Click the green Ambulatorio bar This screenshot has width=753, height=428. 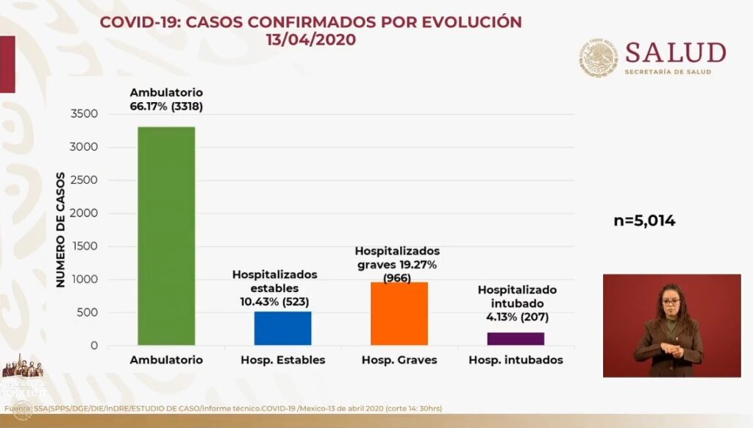point(166,235)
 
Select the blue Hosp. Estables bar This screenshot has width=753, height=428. point(282,328)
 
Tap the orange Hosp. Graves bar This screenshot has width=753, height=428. point(399,313)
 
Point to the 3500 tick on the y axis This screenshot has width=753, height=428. point(85,114)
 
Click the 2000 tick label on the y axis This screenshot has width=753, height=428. point(85,213)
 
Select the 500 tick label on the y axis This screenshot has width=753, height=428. point(88,313)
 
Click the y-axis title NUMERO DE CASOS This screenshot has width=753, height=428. point(61,229)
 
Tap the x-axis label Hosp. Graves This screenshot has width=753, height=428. point(399,360)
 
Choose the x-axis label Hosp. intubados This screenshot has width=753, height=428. point(515,360)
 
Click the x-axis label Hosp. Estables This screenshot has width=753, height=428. point(282,360)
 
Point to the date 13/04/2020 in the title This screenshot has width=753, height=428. point(311,40)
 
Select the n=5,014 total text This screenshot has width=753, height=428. point(644,220)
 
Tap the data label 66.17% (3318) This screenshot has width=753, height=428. point(166,106)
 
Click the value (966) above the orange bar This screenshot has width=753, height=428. point(397,278)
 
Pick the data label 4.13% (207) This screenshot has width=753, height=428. point(518,318)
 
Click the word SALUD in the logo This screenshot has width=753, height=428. point(675,53)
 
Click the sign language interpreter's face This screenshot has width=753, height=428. point(671,302)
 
